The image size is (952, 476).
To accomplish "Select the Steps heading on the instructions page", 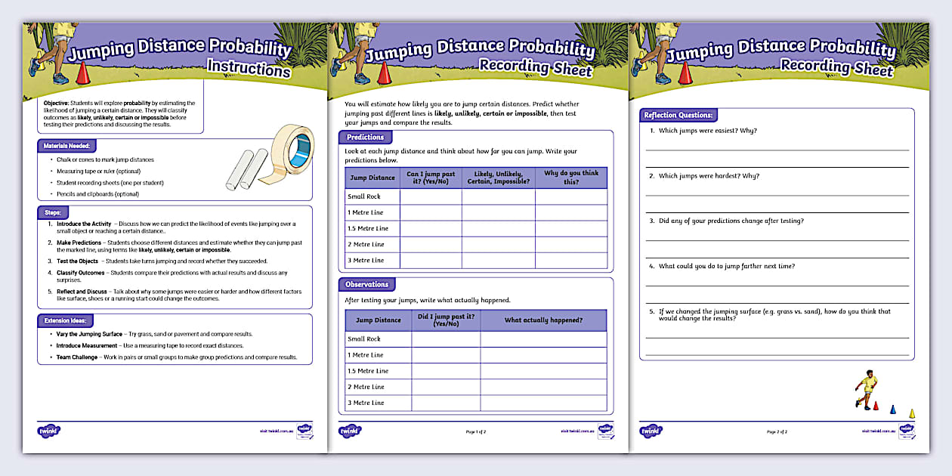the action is (53, 213).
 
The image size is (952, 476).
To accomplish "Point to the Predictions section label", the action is (365, 138).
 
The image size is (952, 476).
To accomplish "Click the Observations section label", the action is (367, 285).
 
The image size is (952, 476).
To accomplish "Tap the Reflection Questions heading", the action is (678, 116).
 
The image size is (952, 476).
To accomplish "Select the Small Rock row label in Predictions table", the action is (364, 196).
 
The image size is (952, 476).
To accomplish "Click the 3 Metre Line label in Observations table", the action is (366, 403).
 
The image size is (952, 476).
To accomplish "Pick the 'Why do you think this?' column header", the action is (571, 178).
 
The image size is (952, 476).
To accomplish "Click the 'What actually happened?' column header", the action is (543, 320).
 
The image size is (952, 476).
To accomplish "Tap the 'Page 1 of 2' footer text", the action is (476, 431).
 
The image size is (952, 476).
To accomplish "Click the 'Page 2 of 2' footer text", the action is (777, 431).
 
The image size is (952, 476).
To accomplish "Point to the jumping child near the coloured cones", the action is (866, 389).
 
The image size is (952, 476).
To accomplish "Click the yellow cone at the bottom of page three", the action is (911, 413).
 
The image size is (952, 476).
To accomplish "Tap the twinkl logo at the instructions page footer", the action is (48, 431).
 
